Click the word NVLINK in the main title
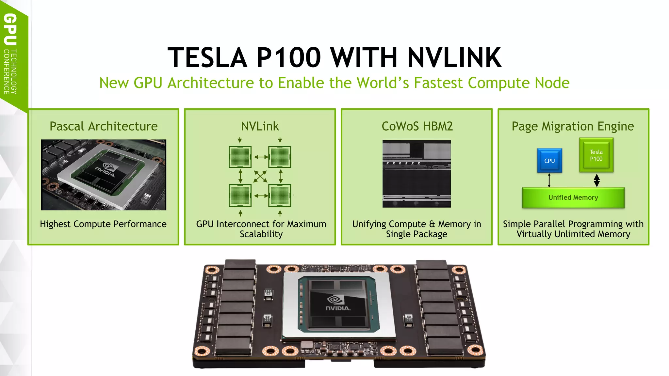coord(454,57)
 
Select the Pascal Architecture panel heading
coord(104,126)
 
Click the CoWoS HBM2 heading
coord(417,126)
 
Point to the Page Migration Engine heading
coord(573,126)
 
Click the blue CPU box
coord(549,161)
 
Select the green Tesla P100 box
coord(596,155)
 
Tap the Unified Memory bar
coord(573,197)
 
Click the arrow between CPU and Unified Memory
coord(549,180)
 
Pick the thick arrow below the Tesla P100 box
coord(596,180)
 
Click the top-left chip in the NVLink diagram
coord(240,157)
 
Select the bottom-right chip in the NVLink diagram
coord(280,196)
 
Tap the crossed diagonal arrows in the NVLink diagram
coord(260,177)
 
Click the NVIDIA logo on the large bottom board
coord(337,304)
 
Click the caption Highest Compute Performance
coord(103,224)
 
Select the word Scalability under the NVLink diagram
coord(261,234)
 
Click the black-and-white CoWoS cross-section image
coord(416,174)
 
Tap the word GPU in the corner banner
coord(10,29)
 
